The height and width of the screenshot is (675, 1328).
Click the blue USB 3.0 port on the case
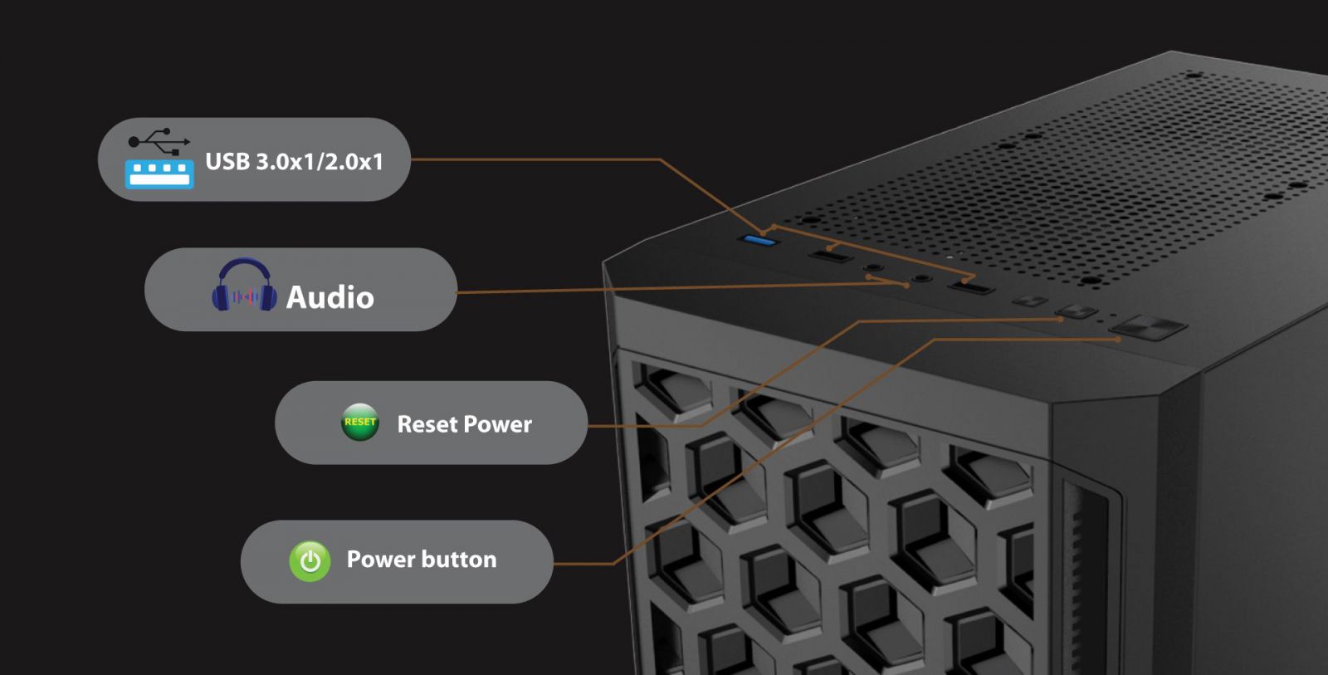tap(759, 241)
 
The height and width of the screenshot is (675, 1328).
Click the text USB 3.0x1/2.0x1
tap(294, 161)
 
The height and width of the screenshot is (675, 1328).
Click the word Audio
tap(330, 297)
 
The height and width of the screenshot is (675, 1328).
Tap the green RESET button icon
tap(360, 422)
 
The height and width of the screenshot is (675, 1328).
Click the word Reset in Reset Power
tap(427, 424)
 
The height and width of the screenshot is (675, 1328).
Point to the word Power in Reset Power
tap(497, 424)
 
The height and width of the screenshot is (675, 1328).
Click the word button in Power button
tap(459, 560)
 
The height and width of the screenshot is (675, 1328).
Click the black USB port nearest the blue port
tap(831, 254)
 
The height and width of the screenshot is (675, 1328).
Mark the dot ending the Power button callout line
tap(1119, 340)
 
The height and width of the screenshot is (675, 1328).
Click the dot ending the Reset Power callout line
tap(1062, 319)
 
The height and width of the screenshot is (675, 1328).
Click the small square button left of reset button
tap(1029, 301)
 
